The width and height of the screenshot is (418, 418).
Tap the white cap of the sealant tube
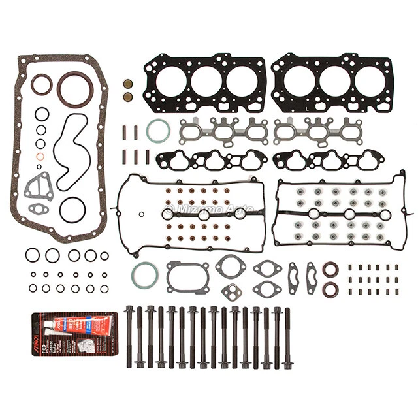click(x=48, y=323)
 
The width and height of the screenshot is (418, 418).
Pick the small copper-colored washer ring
click(x=40, y=157)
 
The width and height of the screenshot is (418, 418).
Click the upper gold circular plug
click(x=129, y=84)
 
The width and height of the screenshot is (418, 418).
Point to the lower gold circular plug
click(x=129, y=97)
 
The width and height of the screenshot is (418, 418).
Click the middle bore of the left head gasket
click(x=204, y=80)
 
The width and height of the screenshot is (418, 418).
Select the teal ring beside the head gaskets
click(x=158, y=131)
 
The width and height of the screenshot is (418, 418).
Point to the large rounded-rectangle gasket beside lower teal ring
click(x=187, y=276)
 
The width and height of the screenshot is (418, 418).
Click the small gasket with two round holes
click(x=230, y=291)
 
